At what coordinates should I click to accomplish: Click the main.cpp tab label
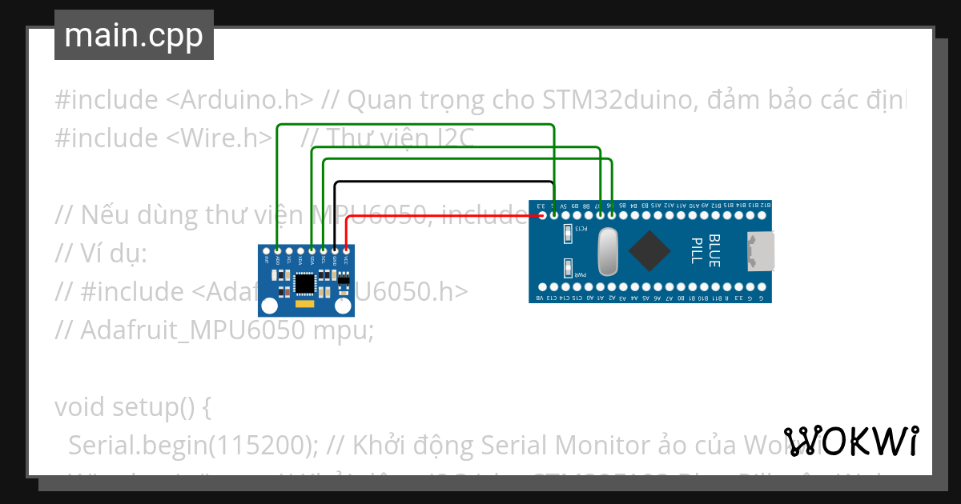134,36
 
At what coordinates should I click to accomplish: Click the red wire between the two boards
440,214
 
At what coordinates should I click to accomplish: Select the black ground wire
440,182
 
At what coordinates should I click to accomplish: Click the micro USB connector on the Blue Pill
760,250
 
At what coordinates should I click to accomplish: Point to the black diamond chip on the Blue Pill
649,250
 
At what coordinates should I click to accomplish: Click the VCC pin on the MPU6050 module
345,250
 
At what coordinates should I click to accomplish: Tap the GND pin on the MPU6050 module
334,250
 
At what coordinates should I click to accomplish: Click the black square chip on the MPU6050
305,282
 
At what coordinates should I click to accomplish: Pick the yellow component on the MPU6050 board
305,304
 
